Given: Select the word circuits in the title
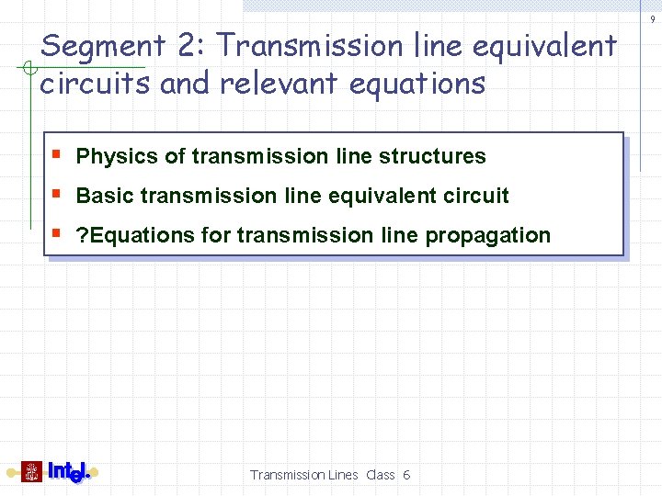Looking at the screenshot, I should (x=96, y=84).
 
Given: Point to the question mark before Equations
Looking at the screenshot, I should (x=82, y=235).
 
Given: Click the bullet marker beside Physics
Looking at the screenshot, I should (x=58, y=153).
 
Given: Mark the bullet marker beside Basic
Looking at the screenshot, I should (x=58, y=193).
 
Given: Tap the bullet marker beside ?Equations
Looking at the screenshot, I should (x=58, y=232).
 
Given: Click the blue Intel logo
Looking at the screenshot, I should (x=68, y=472).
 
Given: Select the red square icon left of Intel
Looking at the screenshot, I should (x=32, y=472).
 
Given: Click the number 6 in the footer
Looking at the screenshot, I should (x=406, y=475).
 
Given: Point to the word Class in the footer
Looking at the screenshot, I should (x=381, y=475).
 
